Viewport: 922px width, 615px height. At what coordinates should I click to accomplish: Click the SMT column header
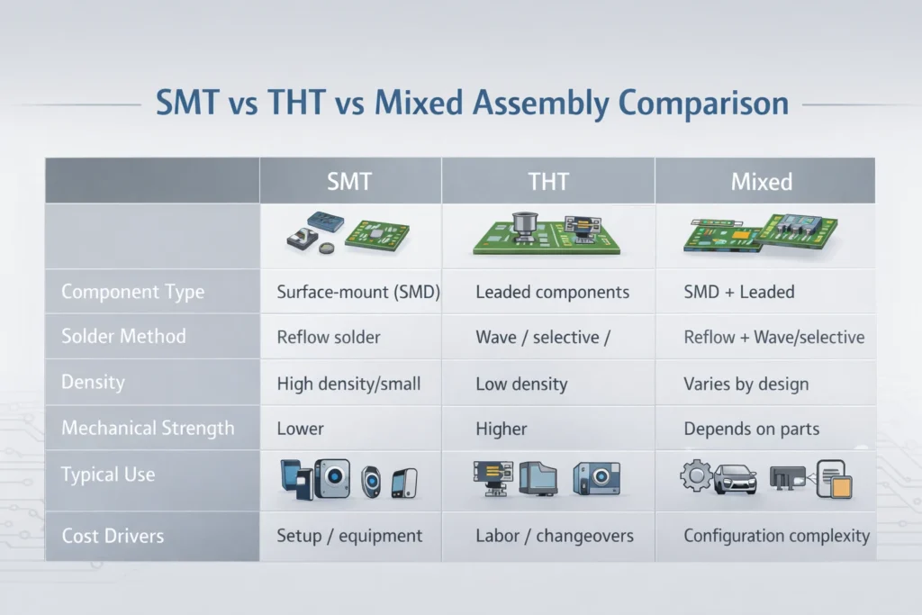click(349, 181)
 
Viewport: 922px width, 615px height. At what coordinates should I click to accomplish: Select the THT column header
click(547, 181)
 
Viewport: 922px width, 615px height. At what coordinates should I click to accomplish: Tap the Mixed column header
click(762, 181)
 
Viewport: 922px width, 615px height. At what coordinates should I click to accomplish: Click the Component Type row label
click(132, 292)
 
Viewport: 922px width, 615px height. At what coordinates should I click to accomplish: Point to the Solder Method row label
click(123, 337)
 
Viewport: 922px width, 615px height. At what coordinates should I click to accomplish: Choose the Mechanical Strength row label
click(147, 428)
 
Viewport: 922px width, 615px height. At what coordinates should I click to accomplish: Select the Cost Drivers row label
click(113, 536)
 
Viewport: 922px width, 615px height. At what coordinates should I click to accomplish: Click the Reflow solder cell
click(329, 338)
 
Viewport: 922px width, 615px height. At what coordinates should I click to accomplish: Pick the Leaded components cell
click(552, 293)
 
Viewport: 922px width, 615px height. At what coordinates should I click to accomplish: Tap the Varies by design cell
click(746, 384)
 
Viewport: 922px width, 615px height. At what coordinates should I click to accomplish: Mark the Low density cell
click(521, 384)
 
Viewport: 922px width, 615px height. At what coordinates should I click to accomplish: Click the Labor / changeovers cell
click(554, 536)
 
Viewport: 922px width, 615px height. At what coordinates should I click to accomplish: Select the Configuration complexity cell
click(776, 536)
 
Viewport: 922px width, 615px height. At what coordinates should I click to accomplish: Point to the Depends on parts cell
click(751, 429)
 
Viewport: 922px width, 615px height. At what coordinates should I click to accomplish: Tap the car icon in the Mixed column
click(735, 480)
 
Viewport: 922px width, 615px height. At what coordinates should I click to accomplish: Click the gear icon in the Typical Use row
click(696, 476)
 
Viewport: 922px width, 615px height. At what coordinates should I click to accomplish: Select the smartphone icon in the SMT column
click(403, 482)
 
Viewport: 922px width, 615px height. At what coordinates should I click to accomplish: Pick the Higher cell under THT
click(501, 429)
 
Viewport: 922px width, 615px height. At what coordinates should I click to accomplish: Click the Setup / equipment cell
click(349, 536)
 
